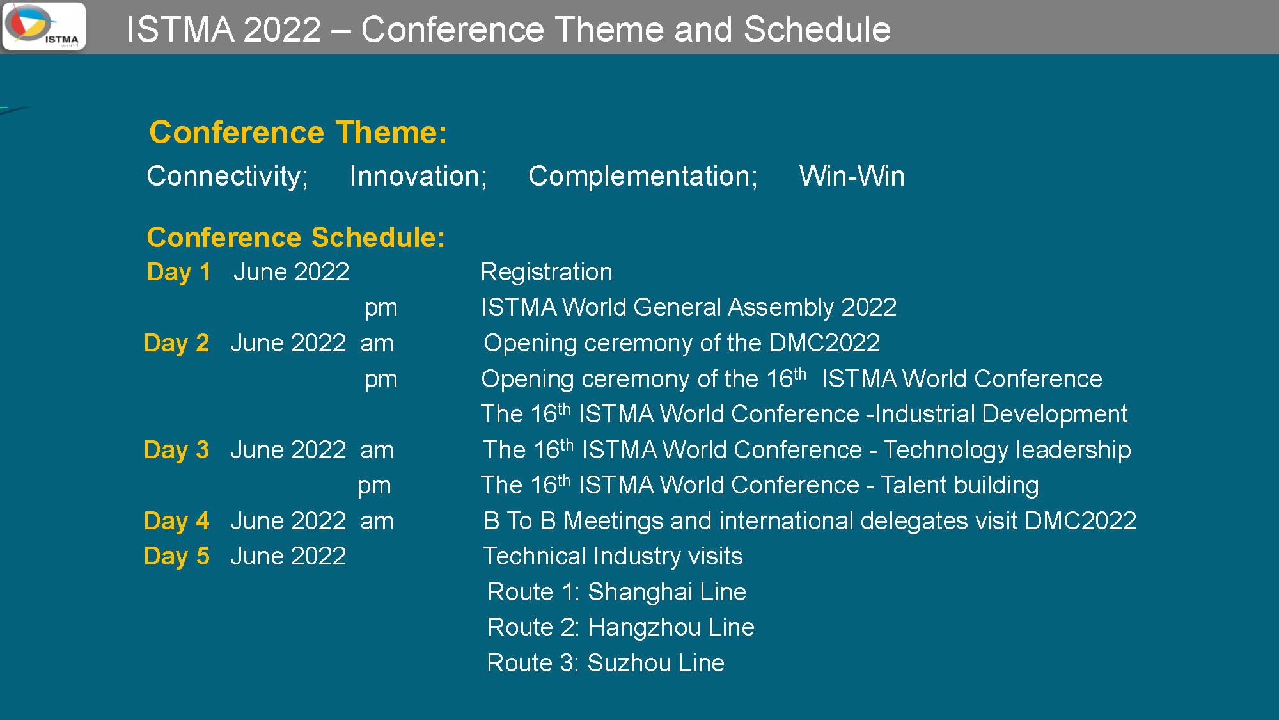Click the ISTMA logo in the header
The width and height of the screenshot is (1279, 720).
(x=44, y=26)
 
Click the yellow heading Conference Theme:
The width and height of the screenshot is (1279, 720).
(x=298, y=132)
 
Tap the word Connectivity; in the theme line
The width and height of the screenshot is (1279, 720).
(x=228, y=177)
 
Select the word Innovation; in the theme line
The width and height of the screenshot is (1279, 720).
(x=418, y=177)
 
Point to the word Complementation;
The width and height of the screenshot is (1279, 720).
(x=643, y=177)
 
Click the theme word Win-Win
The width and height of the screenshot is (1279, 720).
(x=852, y=176)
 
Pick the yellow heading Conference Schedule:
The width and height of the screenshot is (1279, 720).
(x=296, y=237)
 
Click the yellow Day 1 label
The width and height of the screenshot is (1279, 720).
(x=179, y=273)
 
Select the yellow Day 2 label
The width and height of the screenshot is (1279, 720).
(x=177, y=344)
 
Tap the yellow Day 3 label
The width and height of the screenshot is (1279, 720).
(x=177, y=451)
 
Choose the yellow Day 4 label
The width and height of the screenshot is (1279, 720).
(x=177, y=522)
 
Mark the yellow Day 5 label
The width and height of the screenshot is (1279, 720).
(x=177, y=557)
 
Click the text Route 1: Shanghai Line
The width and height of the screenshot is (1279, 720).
(x=616, y=593)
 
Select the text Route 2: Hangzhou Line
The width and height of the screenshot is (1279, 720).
(x=621, y=628)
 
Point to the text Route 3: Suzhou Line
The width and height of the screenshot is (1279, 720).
(x=606, y=664)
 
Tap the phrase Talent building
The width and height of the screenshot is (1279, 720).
(x=959, y=486)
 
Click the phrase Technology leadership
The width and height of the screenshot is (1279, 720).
(x=1007, y=451)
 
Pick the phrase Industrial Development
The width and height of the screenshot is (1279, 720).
(x=1001, y=415)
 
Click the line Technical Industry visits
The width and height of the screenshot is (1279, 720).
(x=613, y=557)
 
